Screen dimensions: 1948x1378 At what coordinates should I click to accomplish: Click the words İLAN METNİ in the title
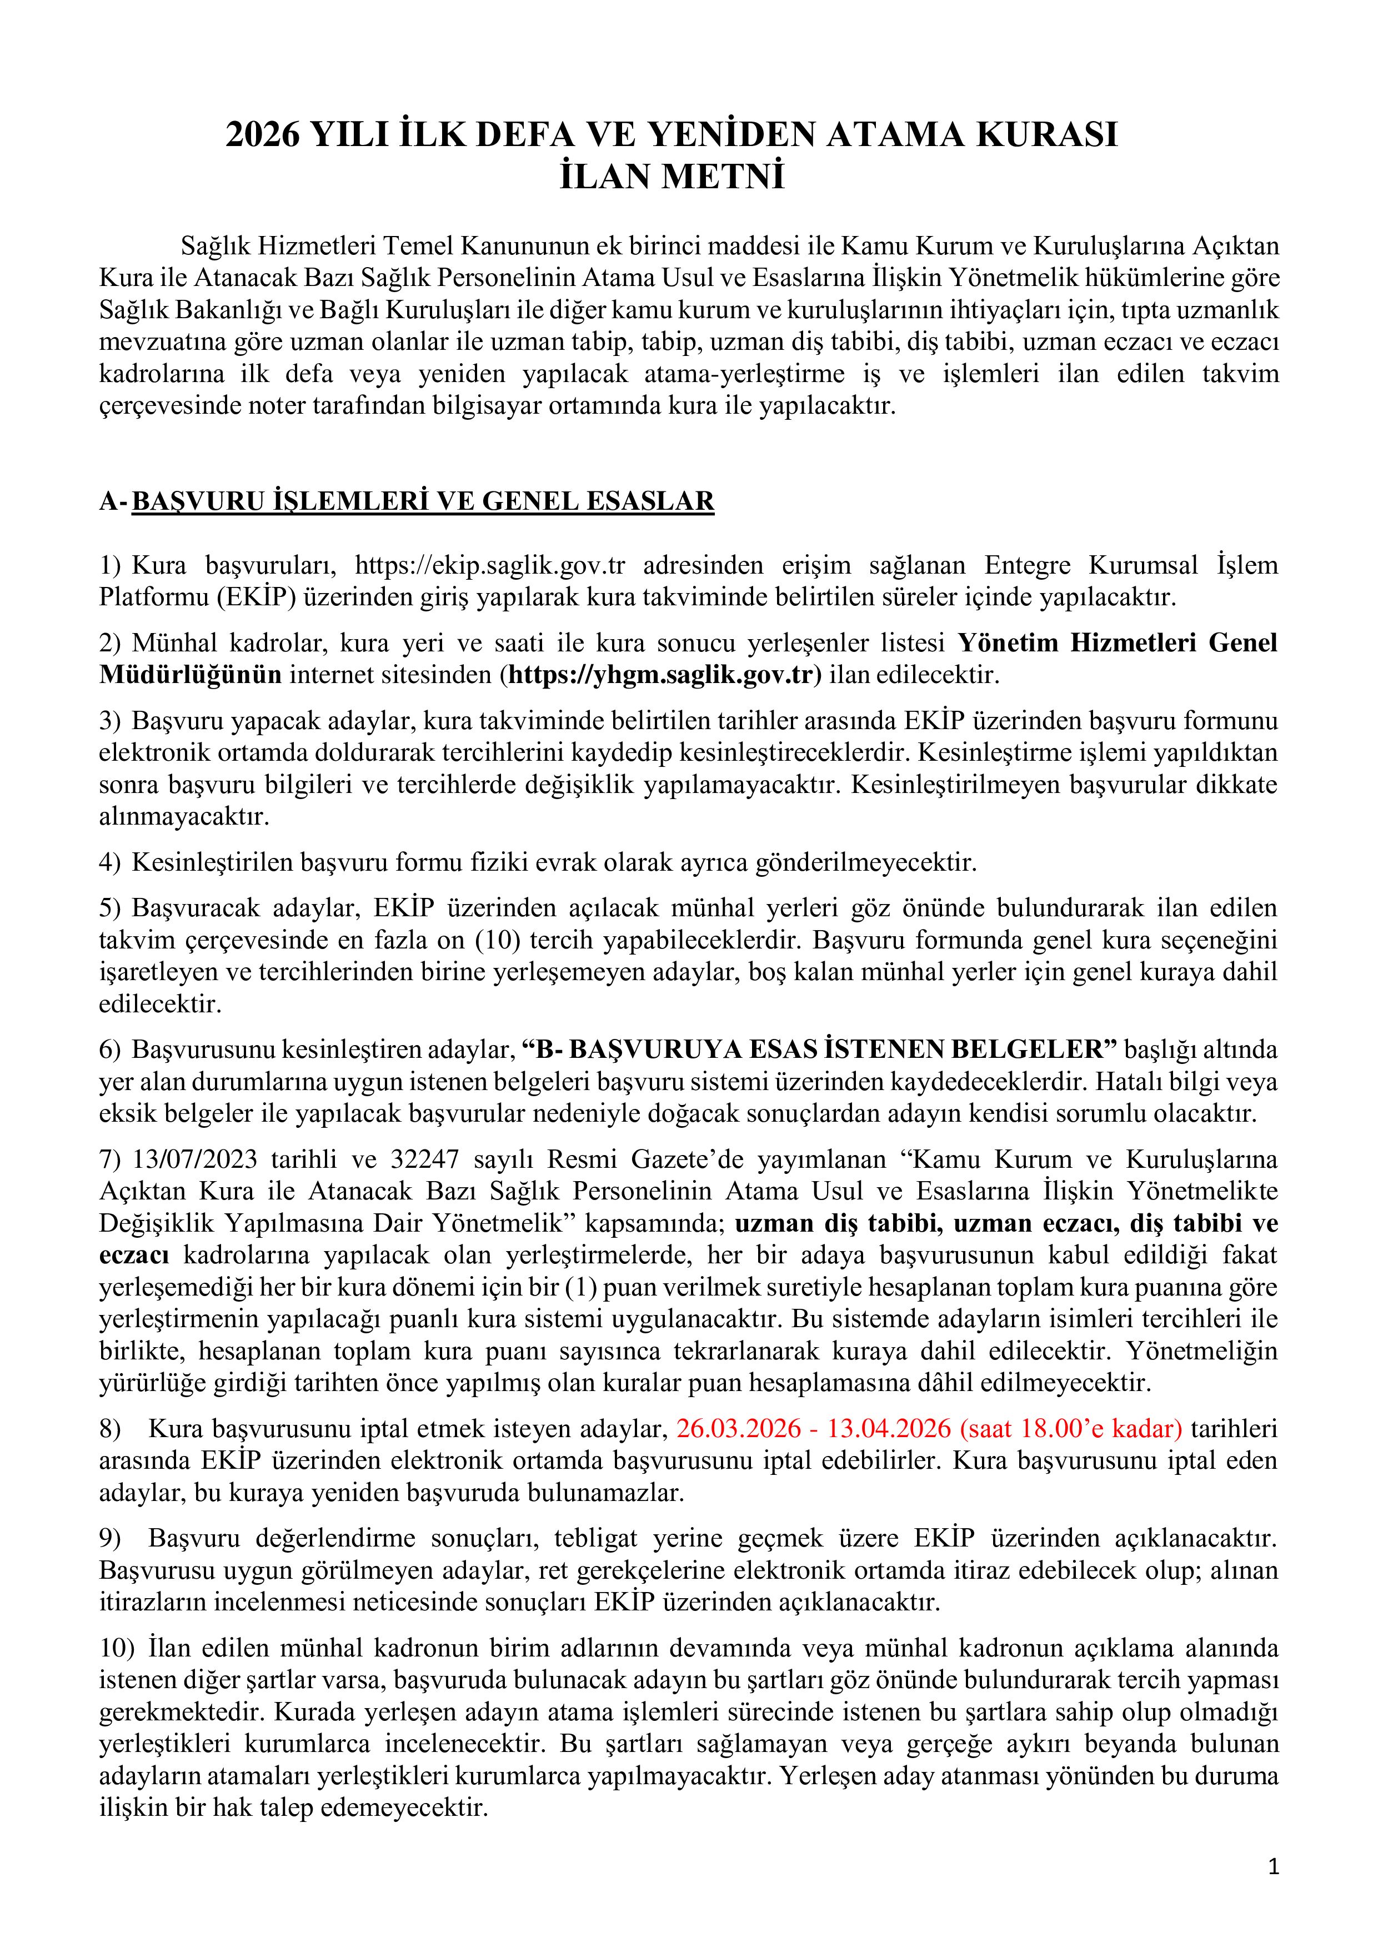click(672, 177)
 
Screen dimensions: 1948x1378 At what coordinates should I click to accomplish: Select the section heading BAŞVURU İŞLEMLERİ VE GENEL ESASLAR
click(423, 501)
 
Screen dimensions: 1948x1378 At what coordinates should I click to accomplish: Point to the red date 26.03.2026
click(738, 1429)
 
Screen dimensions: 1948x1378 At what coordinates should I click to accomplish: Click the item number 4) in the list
click(111, 863)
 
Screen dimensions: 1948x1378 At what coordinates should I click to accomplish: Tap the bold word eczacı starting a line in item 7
click(133, 1255)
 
